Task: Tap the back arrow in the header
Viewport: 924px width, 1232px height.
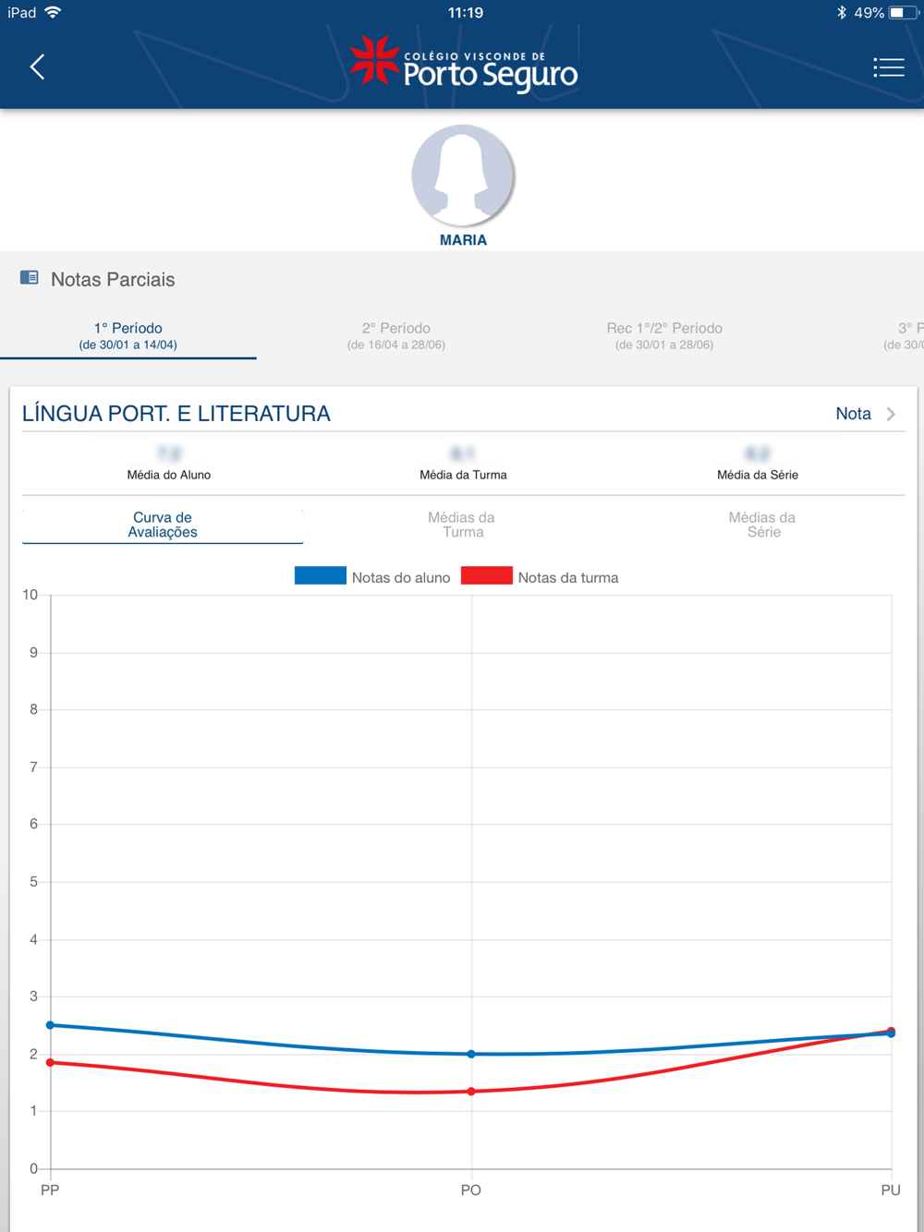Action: pos(37,66)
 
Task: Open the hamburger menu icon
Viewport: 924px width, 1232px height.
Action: pos(888,66)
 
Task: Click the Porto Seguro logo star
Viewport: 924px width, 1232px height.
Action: pos(374,60)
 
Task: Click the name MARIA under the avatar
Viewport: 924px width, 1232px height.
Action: pos(463,240)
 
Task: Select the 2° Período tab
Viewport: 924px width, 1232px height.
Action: pos(396,335)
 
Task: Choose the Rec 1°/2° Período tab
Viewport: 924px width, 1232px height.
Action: pos(664,335)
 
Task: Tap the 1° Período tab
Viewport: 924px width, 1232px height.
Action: pos(128,335)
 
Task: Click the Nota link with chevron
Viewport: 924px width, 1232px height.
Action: pos(865,414)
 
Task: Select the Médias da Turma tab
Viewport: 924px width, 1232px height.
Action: pos(462,525)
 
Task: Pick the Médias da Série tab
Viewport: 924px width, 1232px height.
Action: pos(762,525)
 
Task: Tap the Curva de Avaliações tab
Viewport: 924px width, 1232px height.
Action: pos(163,525)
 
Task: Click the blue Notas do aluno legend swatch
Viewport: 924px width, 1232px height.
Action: pos(320,576)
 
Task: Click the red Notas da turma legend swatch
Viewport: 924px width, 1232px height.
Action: pos(486,576)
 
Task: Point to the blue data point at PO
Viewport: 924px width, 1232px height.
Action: pos(471,1054)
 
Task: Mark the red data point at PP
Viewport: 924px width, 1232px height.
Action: pos(51,1063)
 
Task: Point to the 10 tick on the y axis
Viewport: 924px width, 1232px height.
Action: pos(30,595)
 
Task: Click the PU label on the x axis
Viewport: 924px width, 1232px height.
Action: pos(890,1190)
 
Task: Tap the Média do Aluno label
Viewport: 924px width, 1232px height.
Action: pos(169,475)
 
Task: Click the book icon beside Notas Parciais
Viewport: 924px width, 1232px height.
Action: pos(30,278)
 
